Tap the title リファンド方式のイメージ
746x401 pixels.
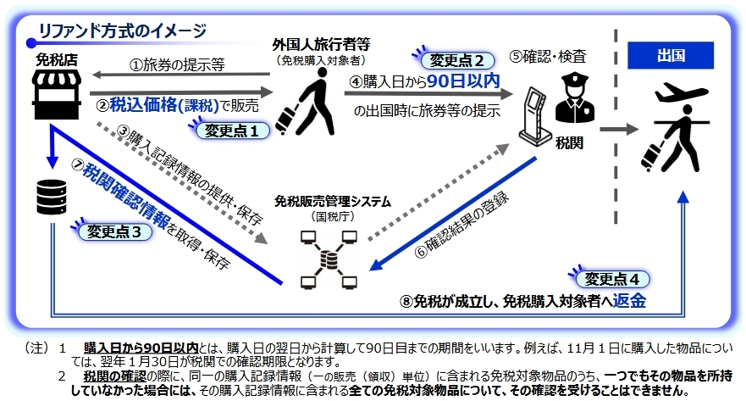pyautogui.click(x=122, y=32)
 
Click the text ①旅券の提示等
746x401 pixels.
pyautogui.click(x=176, y=65)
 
